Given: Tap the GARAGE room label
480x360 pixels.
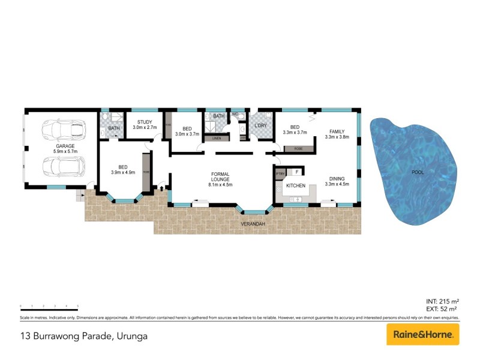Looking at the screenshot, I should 65,145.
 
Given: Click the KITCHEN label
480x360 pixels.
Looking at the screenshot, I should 296,186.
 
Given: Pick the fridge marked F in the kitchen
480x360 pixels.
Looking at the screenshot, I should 296,172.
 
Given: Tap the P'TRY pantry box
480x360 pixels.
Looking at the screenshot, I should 280,173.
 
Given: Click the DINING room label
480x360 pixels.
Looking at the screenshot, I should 337,178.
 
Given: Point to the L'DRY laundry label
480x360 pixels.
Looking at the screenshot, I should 260,125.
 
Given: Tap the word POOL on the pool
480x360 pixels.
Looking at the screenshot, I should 417,172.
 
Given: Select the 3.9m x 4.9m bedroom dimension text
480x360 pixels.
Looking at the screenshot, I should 122,172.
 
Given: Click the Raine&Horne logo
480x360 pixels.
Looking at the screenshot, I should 422,334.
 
